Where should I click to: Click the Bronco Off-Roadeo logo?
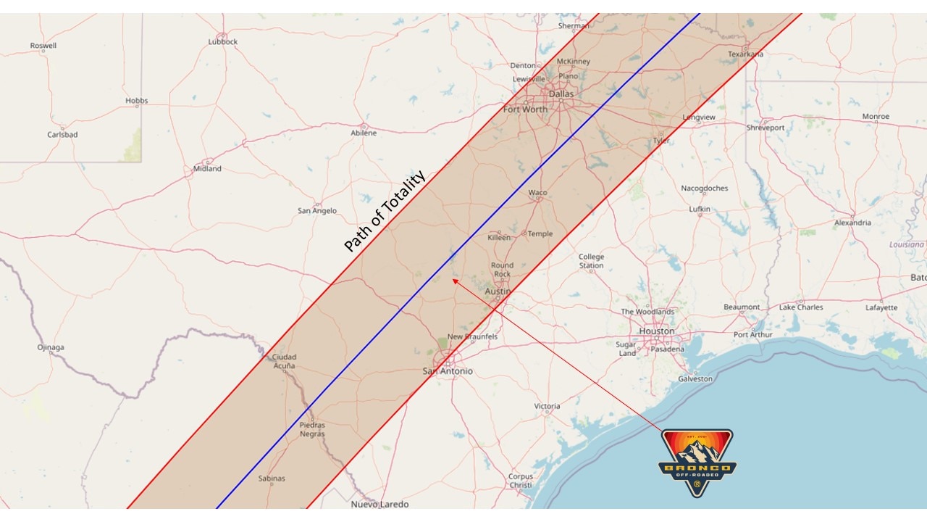pos(697,463)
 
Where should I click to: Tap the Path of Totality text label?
pos(384,211)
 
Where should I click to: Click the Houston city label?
pos(656,331)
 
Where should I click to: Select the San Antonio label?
pos(448,371)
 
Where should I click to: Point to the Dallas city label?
pos(561,94)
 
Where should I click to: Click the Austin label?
pos(498,291)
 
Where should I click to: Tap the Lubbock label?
pos(223,42)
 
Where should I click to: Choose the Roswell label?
pos(43,46)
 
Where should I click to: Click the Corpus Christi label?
pos(521,481)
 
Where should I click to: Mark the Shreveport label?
pos(765,128)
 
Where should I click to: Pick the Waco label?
pos(537,193)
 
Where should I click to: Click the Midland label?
pos(207,169)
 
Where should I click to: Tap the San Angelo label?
pos(317,211)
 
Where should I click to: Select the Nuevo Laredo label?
pos(379,504)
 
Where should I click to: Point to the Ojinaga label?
pos(51,347)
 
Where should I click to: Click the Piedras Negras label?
pos(312,429)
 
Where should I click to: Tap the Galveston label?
pos(695,379)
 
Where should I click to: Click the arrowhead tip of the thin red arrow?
pos(453,278)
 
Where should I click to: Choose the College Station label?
pos(591,261)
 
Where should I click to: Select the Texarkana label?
pos(745,54)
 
